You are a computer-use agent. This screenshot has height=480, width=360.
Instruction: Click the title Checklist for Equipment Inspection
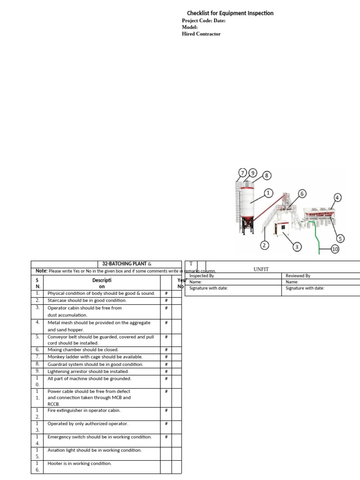coord(230,13)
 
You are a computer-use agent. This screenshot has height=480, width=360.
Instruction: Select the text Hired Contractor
coord(201,34)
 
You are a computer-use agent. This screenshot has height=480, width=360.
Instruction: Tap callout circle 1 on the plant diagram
coord(268,193)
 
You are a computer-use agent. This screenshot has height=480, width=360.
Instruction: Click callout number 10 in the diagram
coord(335,249)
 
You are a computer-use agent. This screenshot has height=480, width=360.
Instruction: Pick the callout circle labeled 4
coord(337,197)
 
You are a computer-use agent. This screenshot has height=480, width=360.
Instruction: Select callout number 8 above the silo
coord(266,175)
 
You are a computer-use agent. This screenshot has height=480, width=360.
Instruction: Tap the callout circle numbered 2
coord(264,245)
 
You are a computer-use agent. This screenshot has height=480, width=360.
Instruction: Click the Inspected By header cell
coord(202,276)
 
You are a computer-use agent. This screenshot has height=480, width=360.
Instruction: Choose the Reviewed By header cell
coord(298,276)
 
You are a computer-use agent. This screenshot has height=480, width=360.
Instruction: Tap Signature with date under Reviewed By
coord(305,288)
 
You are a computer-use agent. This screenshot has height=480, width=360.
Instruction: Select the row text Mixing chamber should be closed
coord(83,350)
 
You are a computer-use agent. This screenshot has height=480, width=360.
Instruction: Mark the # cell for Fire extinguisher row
coord(166,411)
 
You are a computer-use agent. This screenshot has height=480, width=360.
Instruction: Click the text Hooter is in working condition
coord(80,464)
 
